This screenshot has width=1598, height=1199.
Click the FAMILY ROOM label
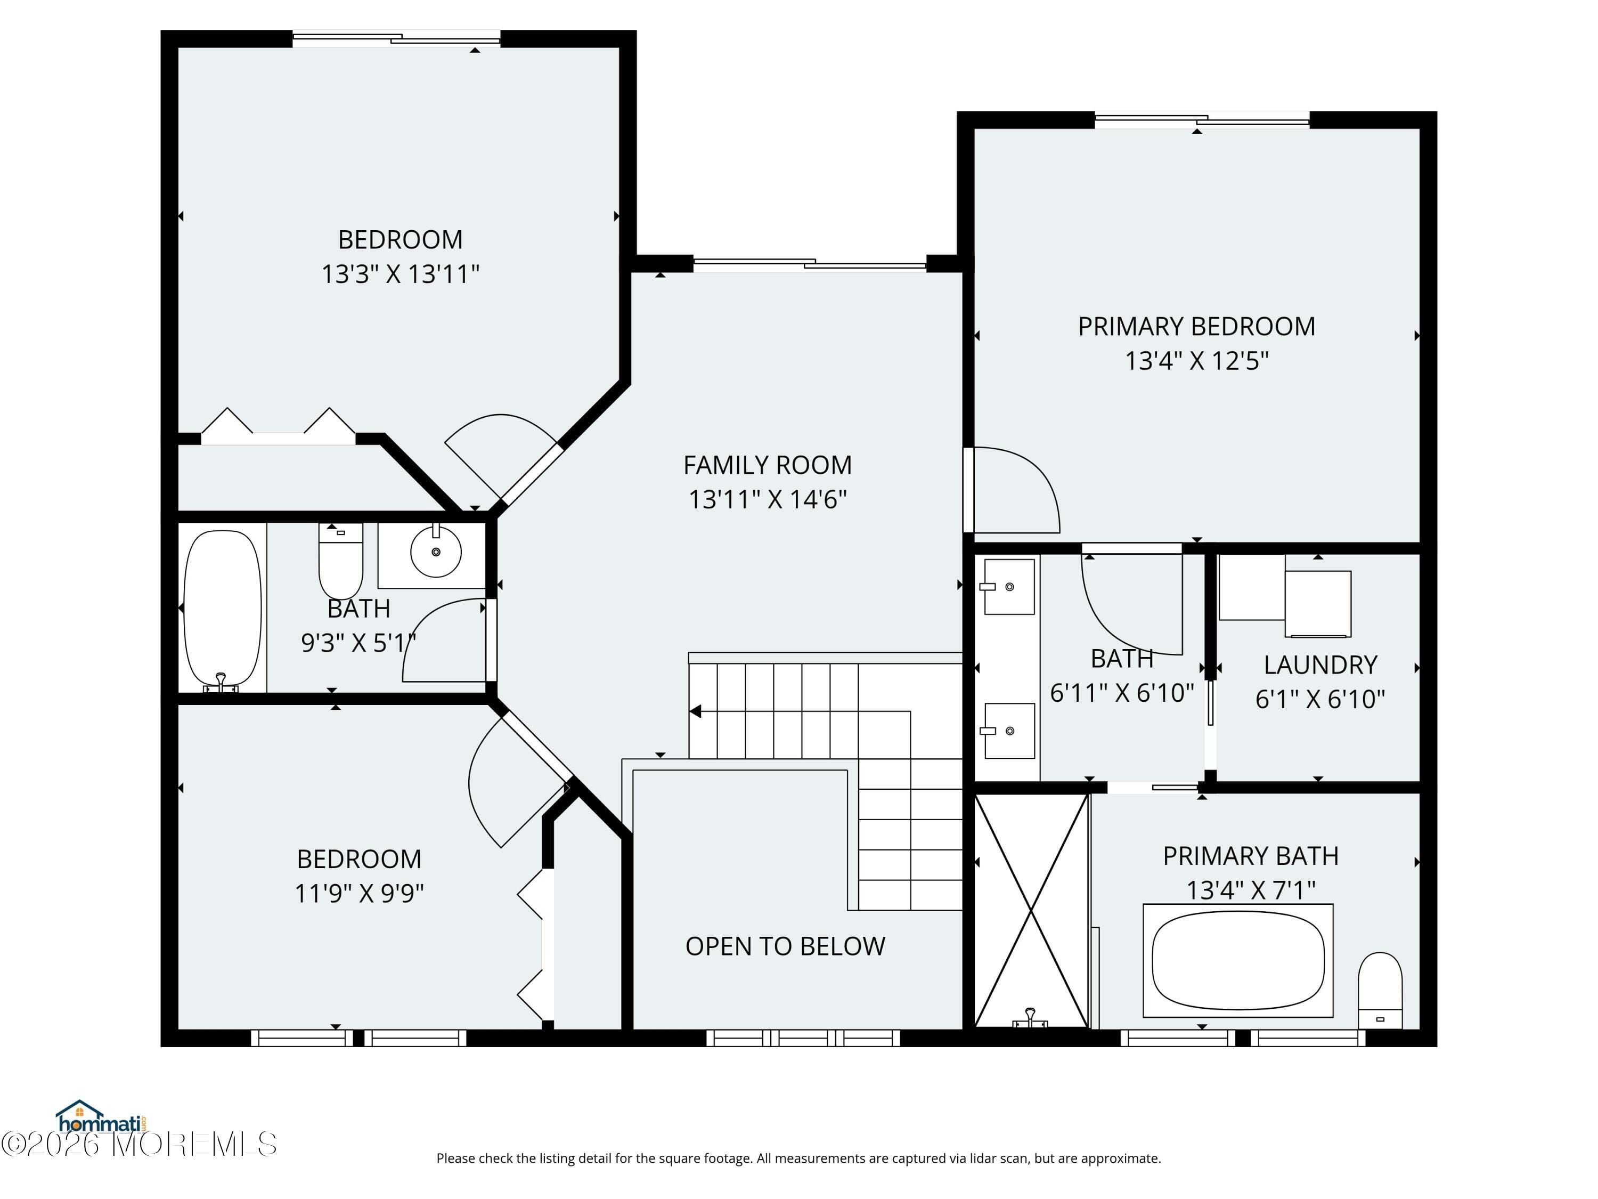(x=767, y=465)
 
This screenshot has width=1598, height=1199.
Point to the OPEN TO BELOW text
(x=785, y=946)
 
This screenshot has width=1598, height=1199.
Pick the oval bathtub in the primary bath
(x=1237, y=960)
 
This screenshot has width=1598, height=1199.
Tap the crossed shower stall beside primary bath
(x=1031, y=911)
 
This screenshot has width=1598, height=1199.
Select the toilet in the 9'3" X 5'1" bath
(x=340, y=560)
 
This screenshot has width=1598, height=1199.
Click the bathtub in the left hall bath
(x=223, y=609)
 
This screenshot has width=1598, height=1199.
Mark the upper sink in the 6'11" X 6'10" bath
(x=1009, y=587)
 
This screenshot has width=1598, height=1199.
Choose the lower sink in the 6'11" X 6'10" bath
(x=1009, y=731)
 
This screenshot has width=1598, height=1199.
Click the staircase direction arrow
(x=695, y=712)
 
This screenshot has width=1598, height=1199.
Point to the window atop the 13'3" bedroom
(x=396, y=38)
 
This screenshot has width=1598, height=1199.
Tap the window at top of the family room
(x=809, y=264)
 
